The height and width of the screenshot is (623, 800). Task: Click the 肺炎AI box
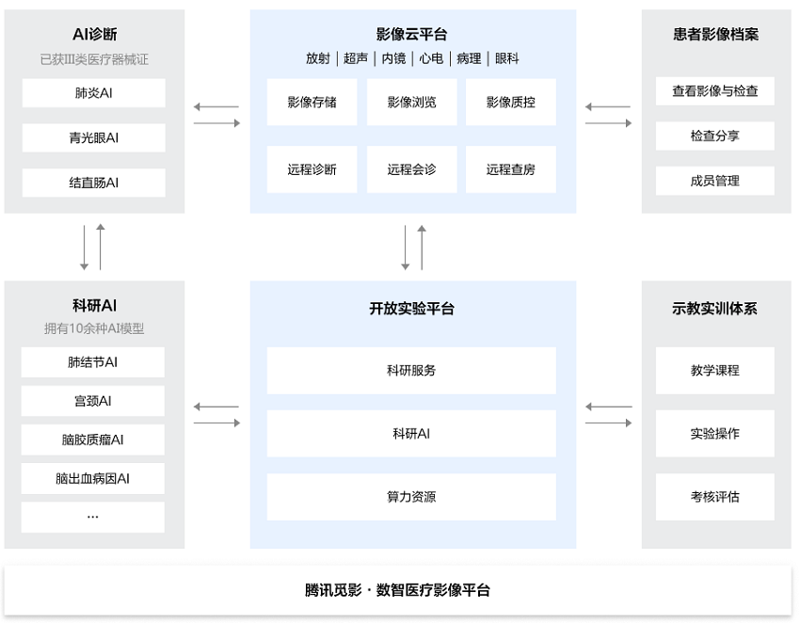coord(94,93)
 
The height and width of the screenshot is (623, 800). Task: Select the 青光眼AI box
coord(94,137)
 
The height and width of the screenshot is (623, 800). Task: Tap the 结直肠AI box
coord(94,183)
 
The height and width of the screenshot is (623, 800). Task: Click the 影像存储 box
coord(312,102)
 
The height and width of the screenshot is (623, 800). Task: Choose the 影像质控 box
coord(511,102)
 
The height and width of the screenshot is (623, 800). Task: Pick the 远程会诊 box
coord(411,169)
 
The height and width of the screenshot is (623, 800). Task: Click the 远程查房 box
coord(511,169)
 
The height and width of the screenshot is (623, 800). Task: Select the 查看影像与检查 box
coord(714,91)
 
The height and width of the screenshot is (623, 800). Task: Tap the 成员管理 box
coord(714,181)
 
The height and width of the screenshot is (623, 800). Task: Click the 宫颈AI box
coord(93,401)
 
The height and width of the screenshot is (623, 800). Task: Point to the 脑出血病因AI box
coord(93,479)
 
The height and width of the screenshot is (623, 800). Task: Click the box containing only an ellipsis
coord(93,517)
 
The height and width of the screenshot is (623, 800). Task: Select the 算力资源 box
coord(411,497)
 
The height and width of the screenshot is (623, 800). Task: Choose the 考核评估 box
coord(714,497)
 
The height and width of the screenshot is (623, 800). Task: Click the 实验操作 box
coord(714,434)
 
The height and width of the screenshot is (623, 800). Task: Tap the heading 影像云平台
coord(411,34)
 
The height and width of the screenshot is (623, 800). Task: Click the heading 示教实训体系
coord(714,308)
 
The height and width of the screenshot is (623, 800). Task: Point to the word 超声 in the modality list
coord(356,58)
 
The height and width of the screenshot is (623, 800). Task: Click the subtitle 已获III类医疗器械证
coord(94,59)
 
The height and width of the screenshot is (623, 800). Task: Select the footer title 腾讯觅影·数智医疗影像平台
coord(397,590)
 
